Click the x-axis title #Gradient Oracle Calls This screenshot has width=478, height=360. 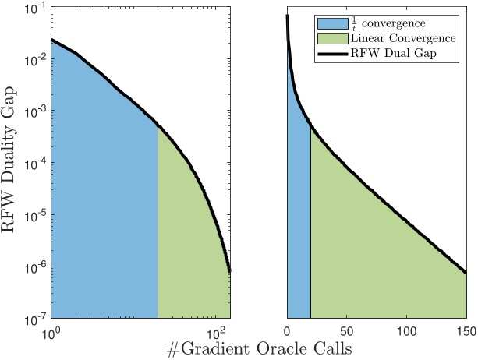259,349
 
